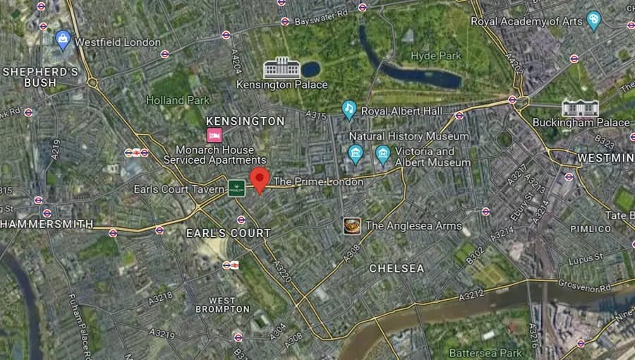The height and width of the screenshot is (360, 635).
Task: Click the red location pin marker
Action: (x=260, y=179)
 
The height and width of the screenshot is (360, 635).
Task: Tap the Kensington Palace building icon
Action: (x=282, y=68)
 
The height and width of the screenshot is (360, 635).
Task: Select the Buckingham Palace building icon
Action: (x=580, y=108)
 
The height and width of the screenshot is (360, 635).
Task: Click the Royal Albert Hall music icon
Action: (x=349, y=110)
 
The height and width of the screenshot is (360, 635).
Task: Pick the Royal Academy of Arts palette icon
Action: (x=593, y=21)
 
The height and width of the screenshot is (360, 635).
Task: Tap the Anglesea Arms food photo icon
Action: (x=352, y=226)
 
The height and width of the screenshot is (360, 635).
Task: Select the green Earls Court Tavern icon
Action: (x=236, y=188)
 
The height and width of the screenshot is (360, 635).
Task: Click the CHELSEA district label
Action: (x=397, y=269)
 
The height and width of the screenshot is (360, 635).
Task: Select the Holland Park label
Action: (x=178, y=100)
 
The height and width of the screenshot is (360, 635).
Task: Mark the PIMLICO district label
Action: (x=591, y=229)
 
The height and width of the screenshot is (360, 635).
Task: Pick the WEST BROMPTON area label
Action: (x=222, y=304)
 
